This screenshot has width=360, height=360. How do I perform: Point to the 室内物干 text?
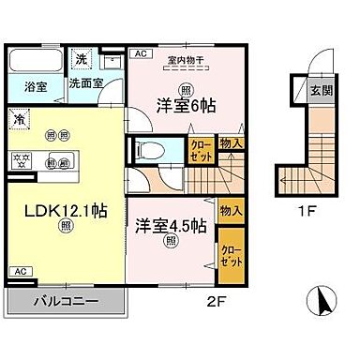pos(186,63)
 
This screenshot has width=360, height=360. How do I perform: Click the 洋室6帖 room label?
pos(186,106)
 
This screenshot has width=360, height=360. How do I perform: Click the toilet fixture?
pos(146,151)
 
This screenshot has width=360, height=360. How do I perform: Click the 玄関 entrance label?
pos(319,92)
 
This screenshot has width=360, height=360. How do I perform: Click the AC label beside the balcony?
pos(20,271)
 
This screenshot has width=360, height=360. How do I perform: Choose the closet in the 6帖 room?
pos(201,151)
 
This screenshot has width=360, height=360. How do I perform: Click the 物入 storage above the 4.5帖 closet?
pos(231,211)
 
